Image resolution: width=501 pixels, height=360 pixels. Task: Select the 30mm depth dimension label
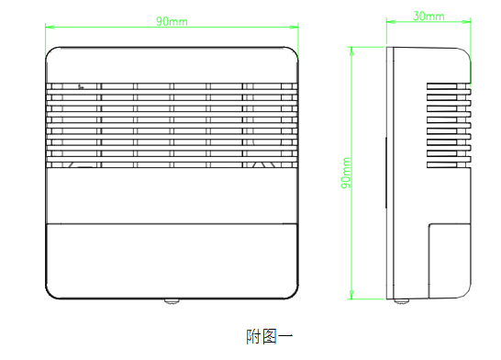[x=429, y=17]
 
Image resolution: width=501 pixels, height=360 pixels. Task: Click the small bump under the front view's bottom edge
[x=173, y=300]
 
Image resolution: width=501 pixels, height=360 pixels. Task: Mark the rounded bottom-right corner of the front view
[x=294, y=293]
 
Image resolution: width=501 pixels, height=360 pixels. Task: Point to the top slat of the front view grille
[x=173, y=88]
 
